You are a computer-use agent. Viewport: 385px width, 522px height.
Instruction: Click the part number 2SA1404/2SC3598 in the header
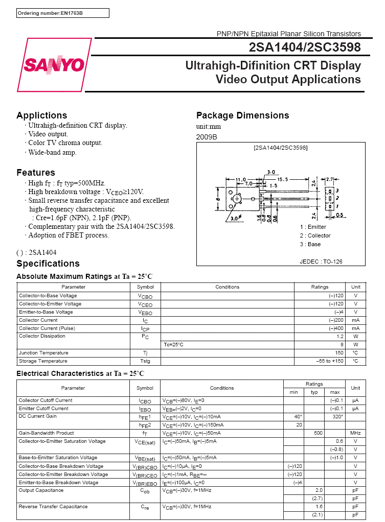305,48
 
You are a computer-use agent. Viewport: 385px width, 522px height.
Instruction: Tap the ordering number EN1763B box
62,13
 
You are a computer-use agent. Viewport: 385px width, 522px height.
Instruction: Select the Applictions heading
41,115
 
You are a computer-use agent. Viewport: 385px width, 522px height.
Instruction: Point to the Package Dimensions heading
242,115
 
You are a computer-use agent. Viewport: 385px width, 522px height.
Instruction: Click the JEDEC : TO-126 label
321,262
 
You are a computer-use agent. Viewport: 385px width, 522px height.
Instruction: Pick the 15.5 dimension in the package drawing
283,179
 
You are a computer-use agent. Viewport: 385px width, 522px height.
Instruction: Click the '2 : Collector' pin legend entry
315,235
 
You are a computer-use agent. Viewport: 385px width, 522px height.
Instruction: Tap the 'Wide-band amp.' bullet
52,152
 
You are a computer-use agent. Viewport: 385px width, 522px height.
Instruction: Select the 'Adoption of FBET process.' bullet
69,235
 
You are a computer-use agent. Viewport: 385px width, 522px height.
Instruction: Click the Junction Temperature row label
43,353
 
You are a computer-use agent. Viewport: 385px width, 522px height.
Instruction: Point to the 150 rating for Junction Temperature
339,353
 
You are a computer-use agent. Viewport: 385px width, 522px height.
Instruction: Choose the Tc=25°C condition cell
174,345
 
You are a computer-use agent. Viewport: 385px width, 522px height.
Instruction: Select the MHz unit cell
355,433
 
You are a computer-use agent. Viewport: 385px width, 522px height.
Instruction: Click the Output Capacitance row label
41,490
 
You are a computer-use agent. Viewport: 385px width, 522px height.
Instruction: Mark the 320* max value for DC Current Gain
337,417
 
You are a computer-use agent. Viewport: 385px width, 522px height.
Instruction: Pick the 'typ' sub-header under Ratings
314,392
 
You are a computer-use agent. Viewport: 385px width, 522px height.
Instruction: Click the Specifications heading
48,264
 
